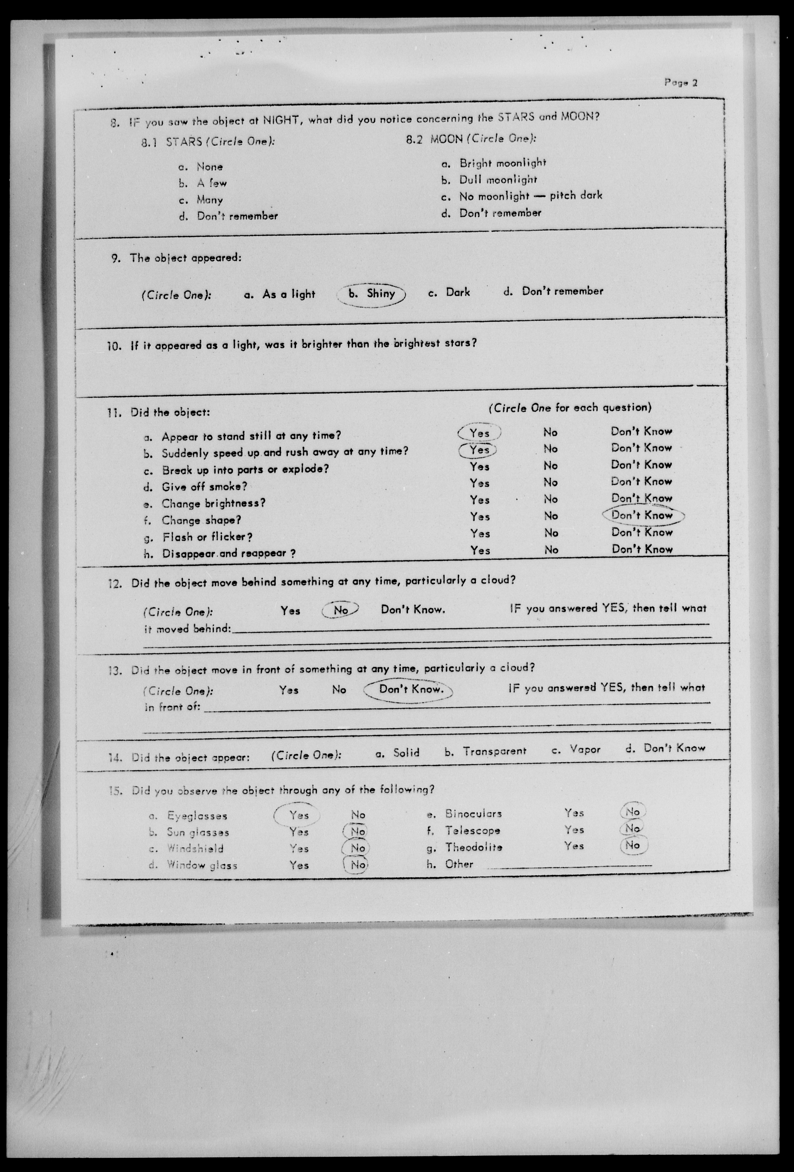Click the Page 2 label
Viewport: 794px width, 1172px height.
pos(680,83)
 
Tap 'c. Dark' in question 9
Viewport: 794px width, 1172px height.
pos(449,293)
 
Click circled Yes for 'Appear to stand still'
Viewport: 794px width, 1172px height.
pos(479,433)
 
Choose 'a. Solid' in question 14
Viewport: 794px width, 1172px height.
pos(398,753)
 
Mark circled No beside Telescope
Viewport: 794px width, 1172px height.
pos(632,828)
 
